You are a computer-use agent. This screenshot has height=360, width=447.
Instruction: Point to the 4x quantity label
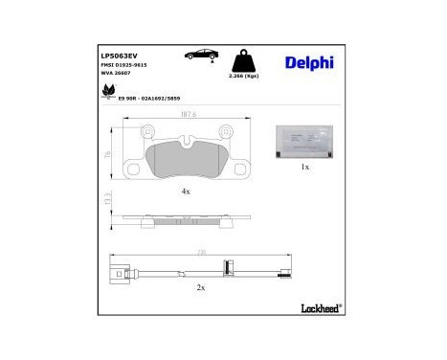pyautogui.click(x=187, y=192)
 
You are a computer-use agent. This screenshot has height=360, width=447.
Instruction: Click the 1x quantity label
pyautogui.click(x=304, y=168)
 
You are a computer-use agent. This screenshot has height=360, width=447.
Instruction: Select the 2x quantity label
pyautogui.click(x=199, y=288)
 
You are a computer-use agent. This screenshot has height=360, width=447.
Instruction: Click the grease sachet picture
pyautogui.click(x=304, y=141)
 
